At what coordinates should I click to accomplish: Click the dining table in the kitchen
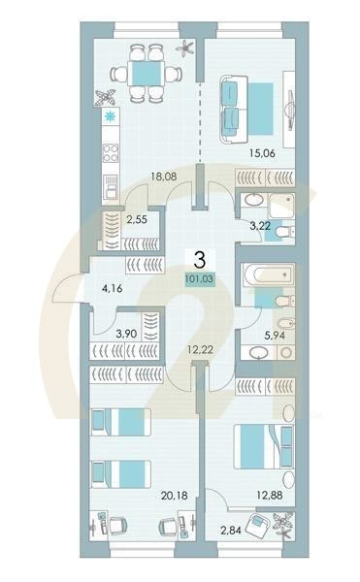pyautogui.click(x=146, y=74)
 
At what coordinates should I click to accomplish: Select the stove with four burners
pyautogui.click(x=110, y=153)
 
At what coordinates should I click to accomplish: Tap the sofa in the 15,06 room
pyautogui.click(x=231, y=106)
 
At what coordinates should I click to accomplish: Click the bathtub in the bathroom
pyautogui.click(x=261, y=276)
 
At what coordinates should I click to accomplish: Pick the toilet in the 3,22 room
pyautogui.click(x=278, y=233)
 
